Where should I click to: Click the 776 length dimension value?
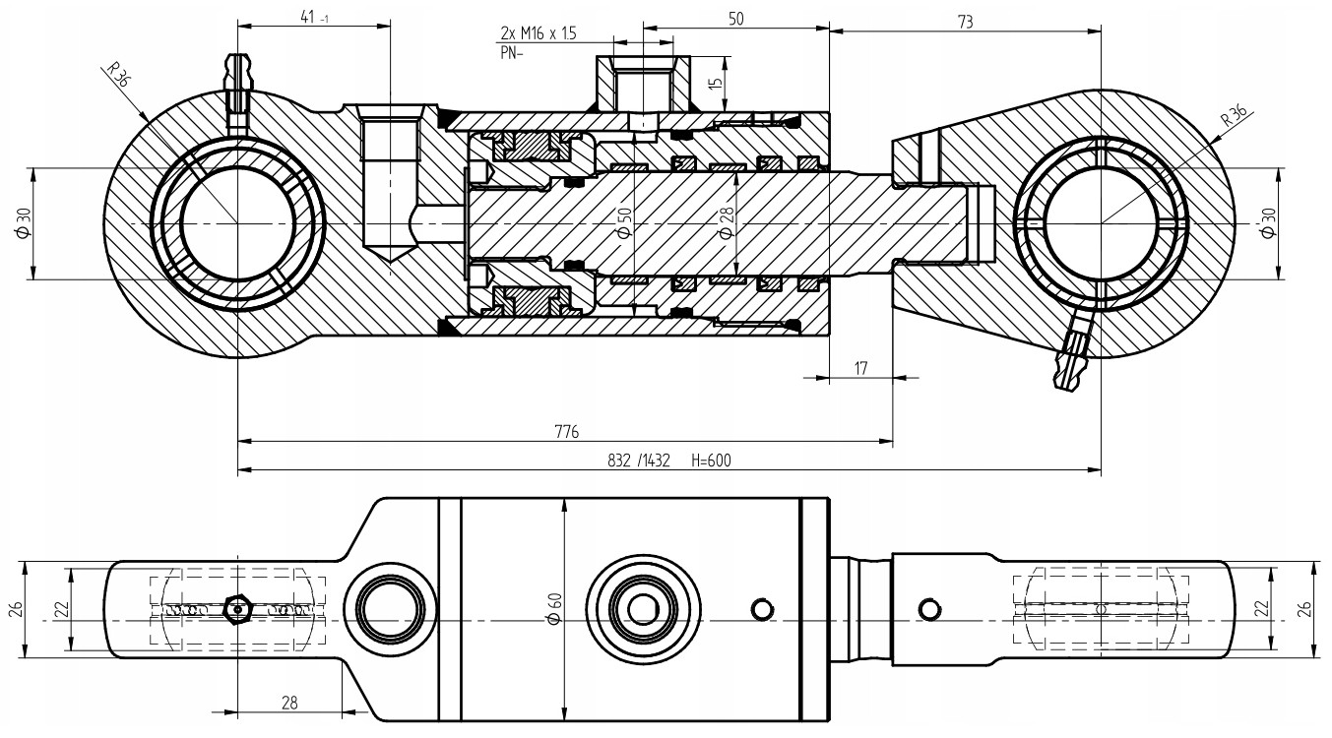(x=566, y=431)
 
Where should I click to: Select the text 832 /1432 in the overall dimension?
(x=639, y=461)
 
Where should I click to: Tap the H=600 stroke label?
(x=711, y=461)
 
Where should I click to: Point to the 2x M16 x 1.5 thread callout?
(x=539, y=32)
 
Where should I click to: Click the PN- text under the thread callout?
(x=511, y=53)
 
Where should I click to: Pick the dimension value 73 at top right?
(x=965, y=22)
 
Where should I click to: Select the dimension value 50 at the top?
(x=735, y=19)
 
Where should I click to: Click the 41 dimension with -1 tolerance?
(x=315, y=18)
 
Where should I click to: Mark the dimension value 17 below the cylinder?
(x=860, y=368)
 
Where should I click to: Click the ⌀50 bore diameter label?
(x=624, y=222)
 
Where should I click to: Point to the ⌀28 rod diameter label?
(x=727, y=222)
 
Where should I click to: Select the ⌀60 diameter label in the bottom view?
(x=555, y=609)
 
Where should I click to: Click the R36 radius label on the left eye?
(x=118, y=75)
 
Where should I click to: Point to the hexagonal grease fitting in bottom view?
(x=238, y=610)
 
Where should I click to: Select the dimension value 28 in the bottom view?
(x=289, y=703)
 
